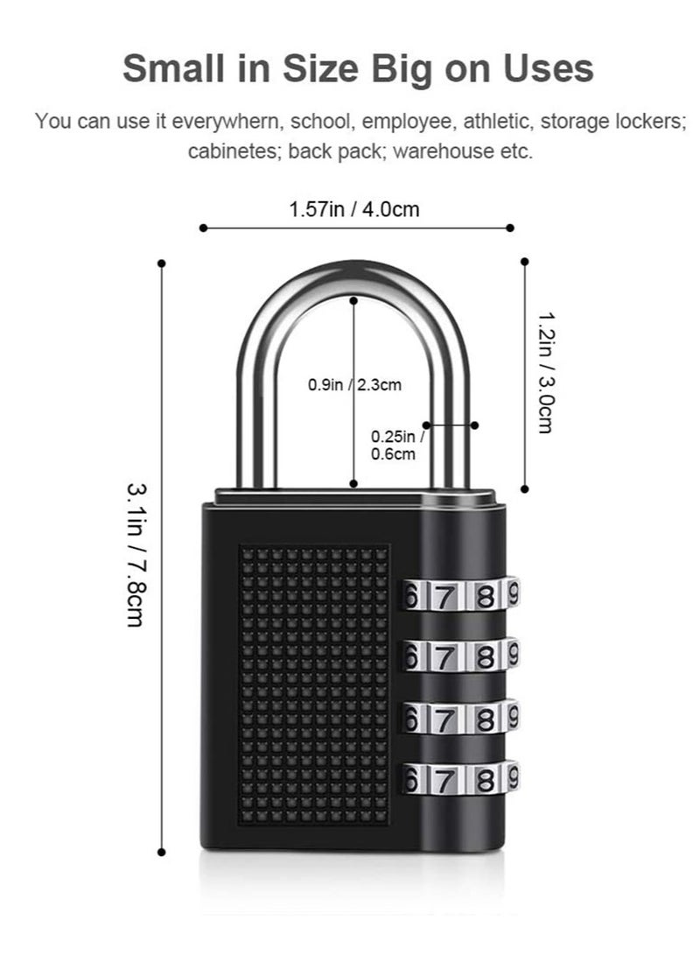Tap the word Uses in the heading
[x=548, y=68]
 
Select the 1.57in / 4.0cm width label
[x=353, y=209]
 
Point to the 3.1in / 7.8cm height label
[x=136, y=554]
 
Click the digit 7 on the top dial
[x=444, y=597]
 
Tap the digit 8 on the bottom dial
[x=485, y=777]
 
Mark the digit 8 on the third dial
[x=485, y=718]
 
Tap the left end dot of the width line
[x=203, y=228]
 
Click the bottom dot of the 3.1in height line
[x=161, y=851]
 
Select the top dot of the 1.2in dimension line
[x=525, y=261]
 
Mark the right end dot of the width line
[x=510, y=228]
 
